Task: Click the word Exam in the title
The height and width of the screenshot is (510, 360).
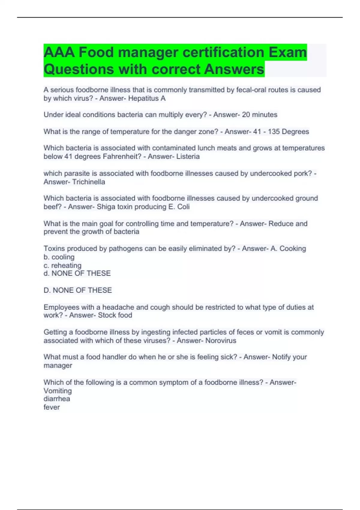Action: [x=287, y=52]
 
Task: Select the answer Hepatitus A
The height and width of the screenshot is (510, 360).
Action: [x=147, y=98]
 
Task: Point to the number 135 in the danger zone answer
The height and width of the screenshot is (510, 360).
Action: [x=274, y=132]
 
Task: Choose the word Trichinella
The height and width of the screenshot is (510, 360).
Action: [x=88, y=182]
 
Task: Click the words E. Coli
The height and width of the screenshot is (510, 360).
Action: [x=179, y=207]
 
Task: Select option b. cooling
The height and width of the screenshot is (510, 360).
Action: [x=59, y=257]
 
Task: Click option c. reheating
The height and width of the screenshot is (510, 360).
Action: [x=62, y=265]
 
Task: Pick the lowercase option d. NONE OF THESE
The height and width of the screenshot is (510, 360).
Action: [x=77, y=273]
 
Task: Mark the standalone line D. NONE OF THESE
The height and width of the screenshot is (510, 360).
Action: [x=78, y=290]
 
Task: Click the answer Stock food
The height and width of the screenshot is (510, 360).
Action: [x=115, y=315]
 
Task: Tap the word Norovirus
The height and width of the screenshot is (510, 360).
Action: [x=221, y=340]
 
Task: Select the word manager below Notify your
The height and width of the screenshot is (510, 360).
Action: [x=58, y=366]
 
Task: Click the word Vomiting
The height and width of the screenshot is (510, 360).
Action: [x=58, y=391]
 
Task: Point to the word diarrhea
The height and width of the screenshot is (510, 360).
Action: [x=57, y=399]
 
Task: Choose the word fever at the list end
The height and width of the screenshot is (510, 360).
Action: [x=52, y=407]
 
